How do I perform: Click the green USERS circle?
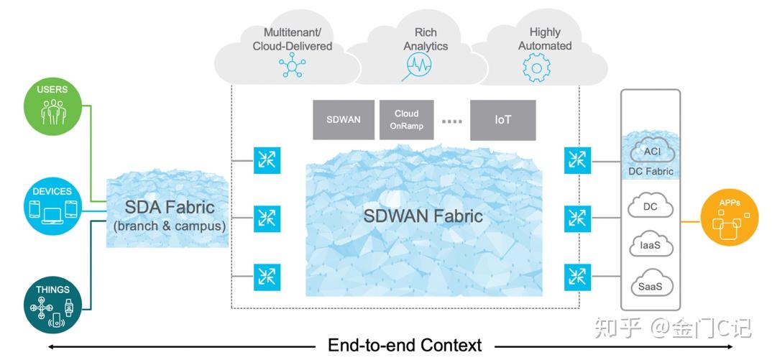click(x=53, y=106)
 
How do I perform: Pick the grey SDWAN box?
click(x=343, y=120)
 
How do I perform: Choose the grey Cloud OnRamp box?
click(x=406, y=120)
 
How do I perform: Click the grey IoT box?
click(x=502, y=120)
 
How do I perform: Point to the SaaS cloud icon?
click(x=650, y=285)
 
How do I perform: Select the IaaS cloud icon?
click(x=650, y=246)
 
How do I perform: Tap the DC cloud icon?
click(x=650, y=207)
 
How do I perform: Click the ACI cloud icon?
click(x=650, y=151)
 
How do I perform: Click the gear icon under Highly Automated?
click(x=536, y=68)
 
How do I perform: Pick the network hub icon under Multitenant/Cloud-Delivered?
click(x=292, y=67)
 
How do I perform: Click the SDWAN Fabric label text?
click(x=422, y=216)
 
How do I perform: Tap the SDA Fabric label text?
click(x=169, y=208)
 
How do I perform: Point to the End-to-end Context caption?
click(x=405, y=346)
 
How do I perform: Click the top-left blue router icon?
click(x=267, y=160)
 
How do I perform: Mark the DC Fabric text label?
click(x=651, y=171)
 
